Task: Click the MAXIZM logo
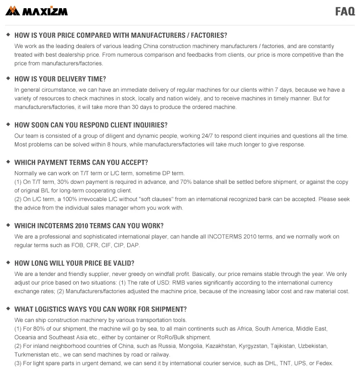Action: pyautogui.click(x=36, y=11)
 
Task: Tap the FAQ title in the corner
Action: pyautogui.click(x=345, y=12)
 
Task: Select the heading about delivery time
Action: pyautogui.click(x=60, y=79)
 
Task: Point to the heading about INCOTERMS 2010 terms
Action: pyautogui.click(x=89, y=225)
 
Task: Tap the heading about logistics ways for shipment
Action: pyautogui.click(x=100, y=309)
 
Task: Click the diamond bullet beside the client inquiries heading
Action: pyautogui.click(x=8, y=124)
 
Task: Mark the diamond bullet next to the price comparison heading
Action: pyautogui.click(x=8, y=35)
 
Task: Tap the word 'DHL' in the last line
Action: pyautogui.click(x=272, y=363)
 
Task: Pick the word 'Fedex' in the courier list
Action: pyautogui.click(x=325, y=363)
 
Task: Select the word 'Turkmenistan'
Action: pyautogui.click(x=32, y=355)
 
